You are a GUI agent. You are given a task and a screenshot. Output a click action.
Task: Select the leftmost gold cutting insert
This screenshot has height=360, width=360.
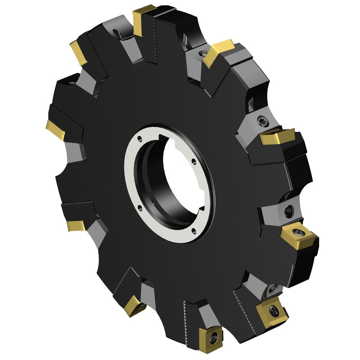[55, 129]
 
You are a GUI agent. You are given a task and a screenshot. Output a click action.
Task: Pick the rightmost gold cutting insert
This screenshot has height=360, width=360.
[298, 236]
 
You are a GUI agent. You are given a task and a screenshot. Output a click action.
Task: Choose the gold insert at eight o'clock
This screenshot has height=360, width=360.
[76, 226]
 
